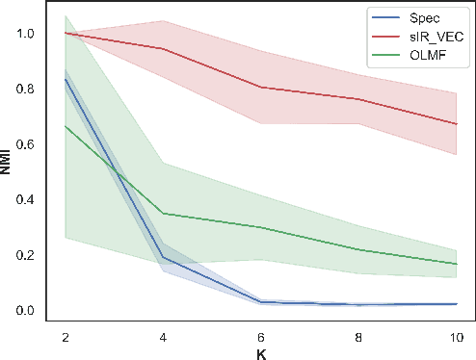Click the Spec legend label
coord(426,18)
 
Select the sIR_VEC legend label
coord(435,38)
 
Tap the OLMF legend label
coord(429,57)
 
